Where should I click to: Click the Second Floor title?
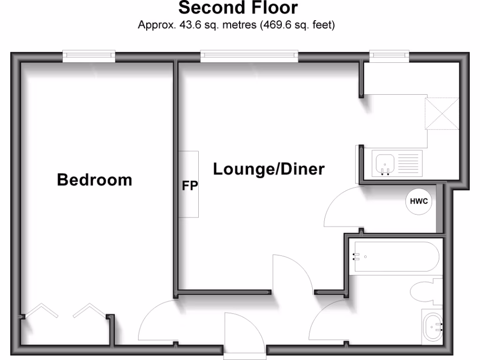point(238,8)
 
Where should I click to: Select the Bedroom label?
point(94,180)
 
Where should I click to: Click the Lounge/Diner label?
point(269,169)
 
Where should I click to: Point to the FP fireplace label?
point(190,185)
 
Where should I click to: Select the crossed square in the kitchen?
point(442,113)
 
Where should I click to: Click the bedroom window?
point(89,56)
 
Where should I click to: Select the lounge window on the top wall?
point(249,56)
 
